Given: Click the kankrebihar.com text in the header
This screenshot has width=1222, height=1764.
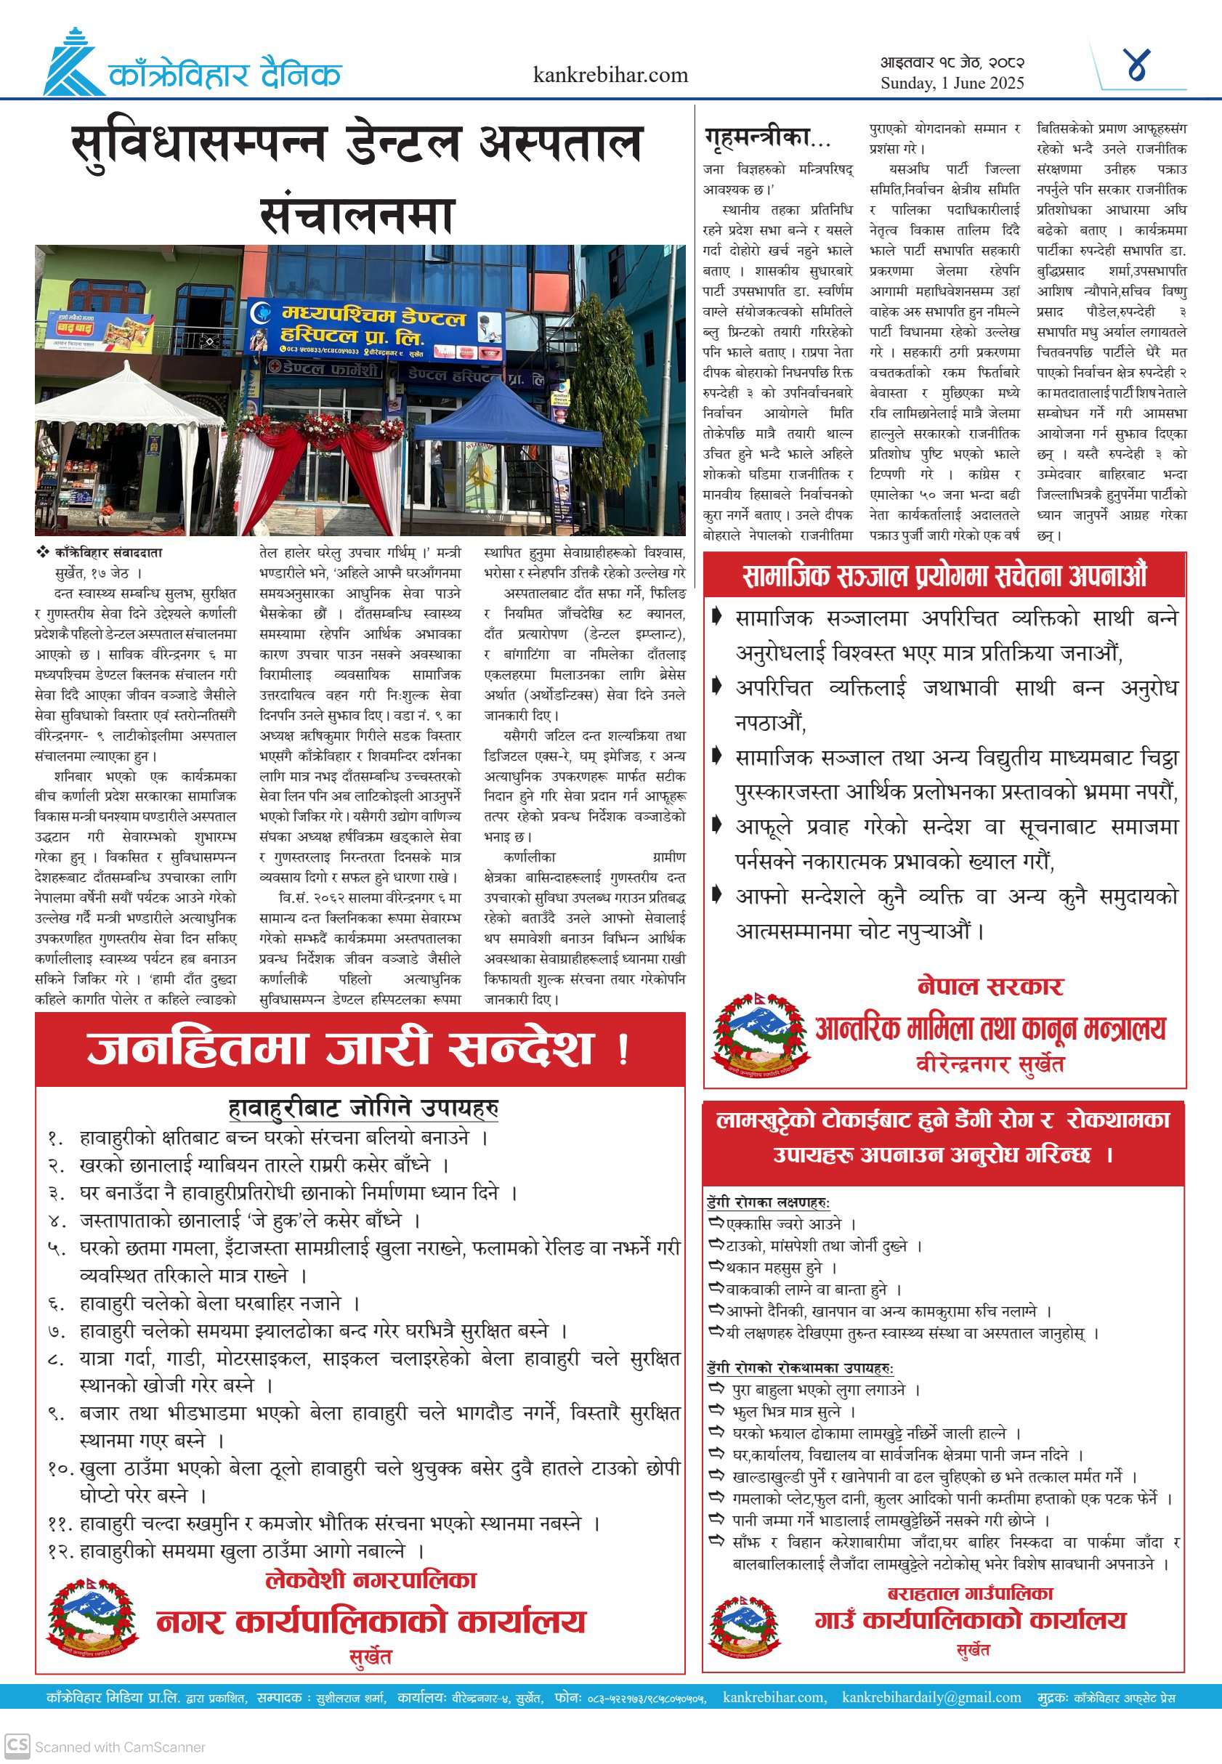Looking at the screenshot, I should (610, 75).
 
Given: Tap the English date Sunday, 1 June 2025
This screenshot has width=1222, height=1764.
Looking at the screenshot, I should (952, 84).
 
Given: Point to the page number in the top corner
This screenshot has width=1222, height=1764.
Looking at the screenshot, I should (1138, 66).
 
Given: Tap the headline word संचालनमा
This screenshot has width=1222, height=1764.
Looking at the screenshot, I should (357, 216).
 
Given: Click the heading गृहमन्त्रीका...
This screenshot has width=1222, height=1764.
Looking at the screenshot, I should (766, 138).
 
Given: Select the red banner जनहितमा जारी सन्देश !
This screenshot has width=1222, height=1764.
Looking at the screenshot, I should (359, 1049).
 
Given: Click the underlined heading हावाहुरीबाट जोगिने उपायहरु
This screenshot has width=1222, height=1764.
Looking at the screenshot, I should (364, 1107).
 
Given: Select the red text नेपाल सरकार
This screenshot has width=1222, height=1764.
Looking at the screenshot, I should (990, 986).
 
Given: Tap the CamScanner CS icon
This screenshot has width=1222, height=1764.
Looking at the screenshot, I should (17, 1746).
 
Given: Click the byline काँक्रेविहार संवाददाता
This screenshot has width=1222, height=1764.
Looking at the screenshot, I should (108, 552).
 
